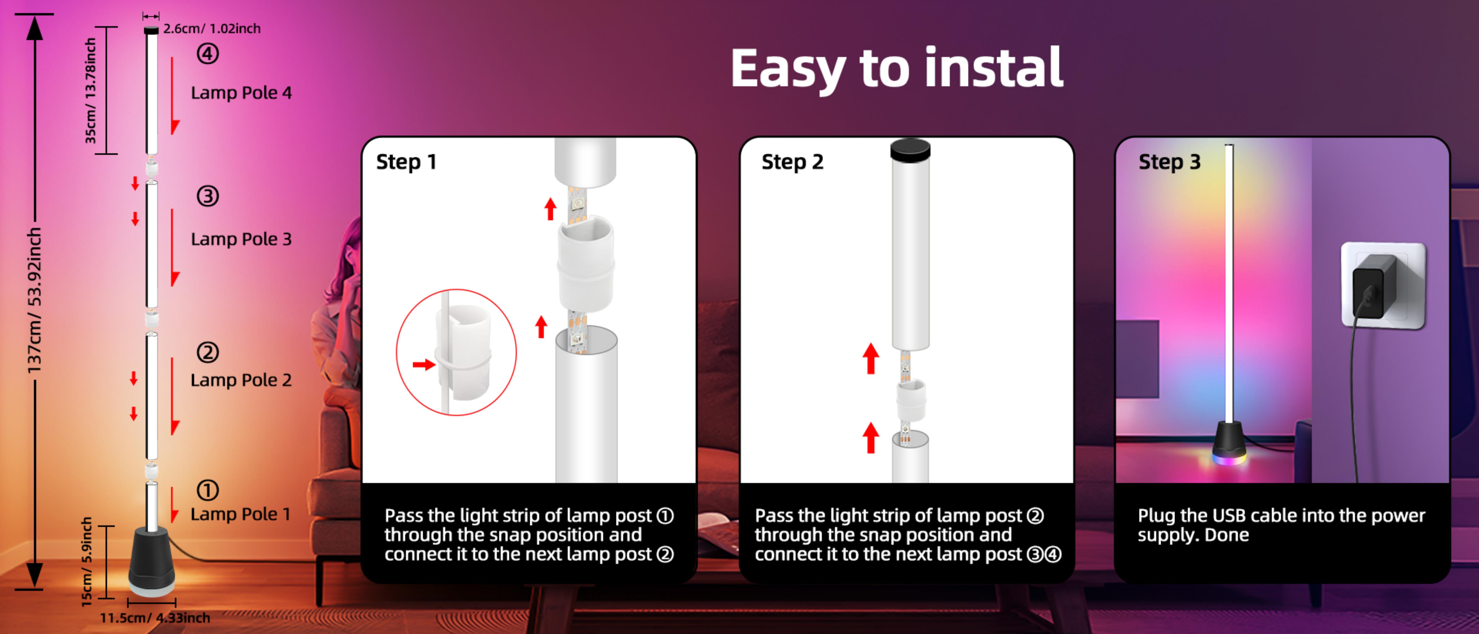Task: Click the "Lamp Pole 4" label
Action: [x=241, y=93]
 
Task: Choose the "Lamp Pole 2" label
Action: [x=241, y=380]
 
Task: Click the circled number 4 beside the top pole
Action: [x=208, y=54]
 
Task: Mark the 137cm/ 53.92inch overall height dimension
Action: [x=34, y=300]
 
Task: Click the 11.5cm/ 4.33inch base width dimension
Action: [x=155, y=618]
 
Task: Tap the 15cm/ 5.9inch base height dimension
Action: [x=86, y=562]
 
